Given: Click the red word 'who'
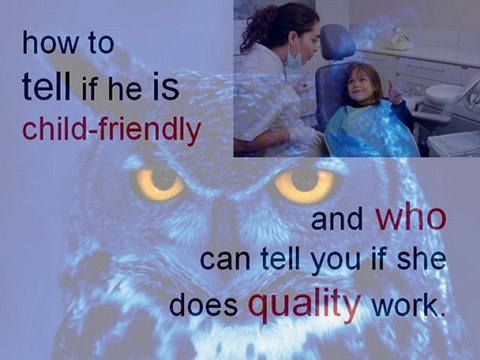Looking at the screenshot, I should click(x=411, y=219).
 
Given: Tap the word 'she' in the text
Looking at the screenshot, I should click(x=419, y=261).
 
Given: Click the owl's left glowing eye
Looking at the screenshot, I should click(x=161, y=183).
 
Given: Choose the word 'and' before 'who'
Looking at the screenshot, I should click(x=337, y=222).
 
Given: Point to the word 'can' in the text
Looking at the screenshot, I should click(x=224, y=262).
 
